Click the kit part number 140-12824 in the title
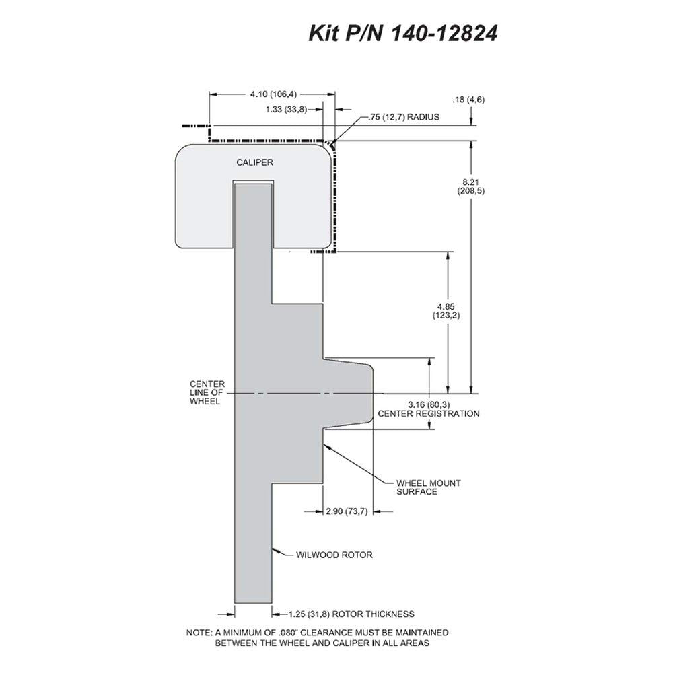[444, 33]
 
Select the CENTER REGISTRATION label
[428, 414]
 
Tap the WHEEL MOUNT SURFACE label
[428, 487]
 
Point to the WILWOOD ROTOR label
[334, 555]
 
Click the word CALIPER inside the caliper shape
[254, 162]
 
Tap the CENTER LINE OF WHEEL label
[207, 393]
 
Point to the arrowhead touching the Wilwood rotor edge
[275, 550]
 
